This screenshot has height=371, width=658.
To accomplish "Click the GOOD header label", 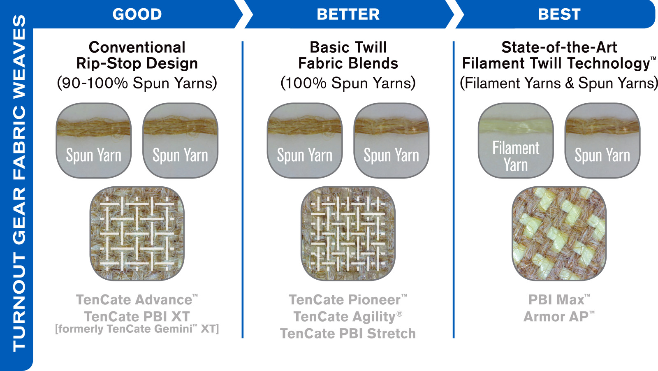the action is (x=137, y=14).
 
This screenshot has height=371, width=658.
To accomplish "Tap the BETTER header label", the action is (x=348, y=14).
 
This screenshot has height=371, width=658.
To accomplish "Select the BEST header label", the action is (x=559, y=14).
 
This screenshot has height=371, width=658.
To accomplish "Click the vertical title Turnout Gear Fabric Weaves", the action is (x=19, y=183).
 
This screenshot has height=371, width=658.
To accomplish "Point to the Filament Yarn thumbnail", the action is (x=516, y=140).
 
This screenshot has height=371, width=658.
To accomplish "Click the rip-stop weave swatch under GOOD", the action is (x=137, y=234).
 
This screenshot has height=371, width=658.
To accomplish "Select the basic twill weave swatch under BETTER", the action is (x=348, y=234).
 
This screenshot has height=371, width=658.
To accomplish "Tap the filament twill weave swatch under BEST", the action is (x=559, y=234).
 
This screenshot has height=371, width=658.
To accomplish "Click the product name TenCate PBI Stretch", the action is (x=348, y=334).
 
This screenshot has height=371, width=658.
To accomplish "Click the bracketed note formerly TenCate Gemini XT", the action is (x=137, y=329).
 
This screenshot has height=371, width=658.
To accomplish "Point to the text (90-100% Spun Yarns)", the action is (x=137, y=83).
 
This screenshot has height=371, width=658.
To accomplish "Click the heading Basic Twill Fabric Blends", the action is (x=348, y=55).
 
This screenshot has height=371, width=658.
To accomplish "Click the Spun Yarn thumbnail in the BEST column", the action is (x=602, y=140).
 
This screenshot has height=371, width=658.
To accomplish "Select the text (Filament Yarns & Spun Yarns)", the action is (x=559, y=83).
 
